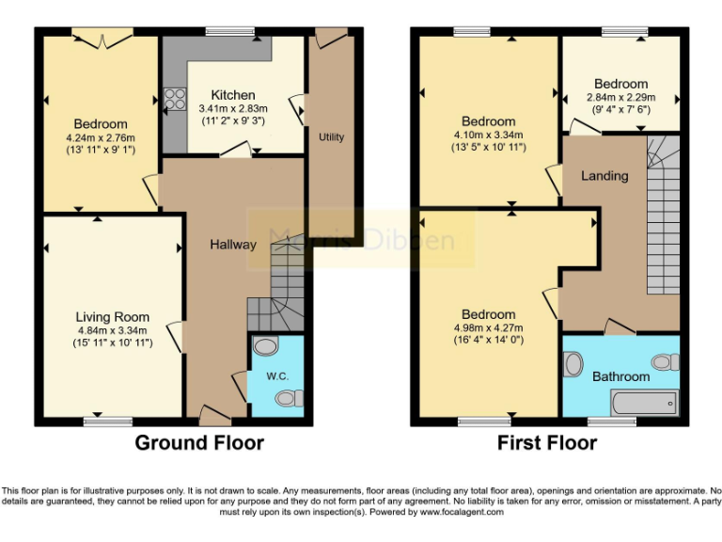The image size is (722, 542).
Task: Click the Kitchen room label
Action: [232, 95]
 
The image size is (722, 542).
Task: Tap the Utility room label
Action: [331, 137]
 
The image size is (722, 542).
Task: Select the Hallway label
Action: [233, 245]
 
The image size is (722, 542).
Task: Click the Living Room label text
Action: [113, 317]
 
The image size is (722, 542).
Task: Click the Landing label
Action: [604, 176]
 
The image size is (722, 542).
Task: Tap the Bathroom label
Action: [620, 376]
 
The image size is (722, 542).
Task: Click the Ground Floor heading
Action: [199, 442]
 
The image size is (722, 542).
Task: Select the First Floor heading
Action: [547, 442]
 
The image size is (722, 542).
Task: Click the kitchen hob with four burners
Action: [175, 99]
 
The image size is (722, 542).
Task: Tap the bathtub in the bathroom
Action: [644, 404]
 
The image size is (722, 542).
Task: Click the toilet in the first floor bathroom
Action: [666, 362]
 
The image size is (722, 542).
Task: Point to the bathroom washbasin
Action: [573, 363]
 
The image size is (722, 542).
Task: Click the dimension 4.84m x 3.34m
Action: [114, 330]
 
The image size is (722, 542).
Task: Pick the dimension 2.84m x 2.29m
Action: [620, 97]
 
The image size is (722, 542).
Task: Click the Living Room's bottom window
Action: [108, 421]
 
